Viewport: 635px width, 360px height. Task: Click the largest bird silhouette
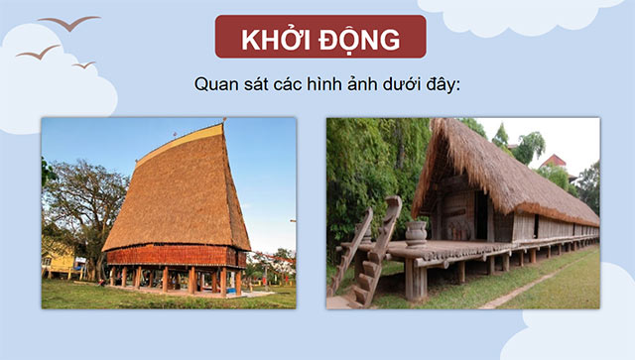[69, 22]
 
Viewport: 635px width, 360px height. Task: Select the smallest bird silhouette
[83, 64]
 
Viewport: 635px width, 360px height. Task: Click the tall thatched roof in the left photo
[179, 193]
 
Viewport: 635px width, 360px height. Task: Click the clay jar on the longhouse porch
[417, 233]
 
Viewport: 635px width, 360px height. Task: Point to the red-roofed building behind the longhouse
[554, 161]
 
